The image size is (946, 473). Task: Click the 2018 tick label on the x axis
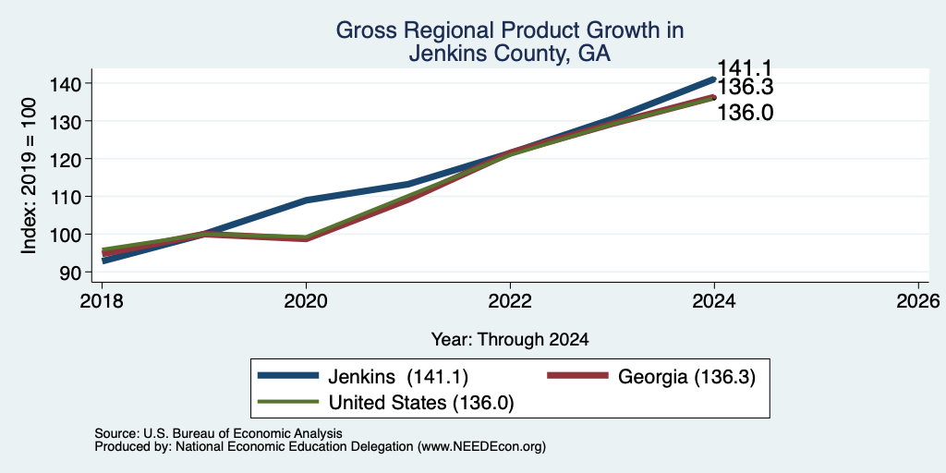pos(102,300)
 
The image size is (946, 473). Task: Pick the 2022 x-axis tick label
pos(510,300)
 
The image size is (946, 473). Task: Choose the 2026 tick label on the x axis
pos(918,300)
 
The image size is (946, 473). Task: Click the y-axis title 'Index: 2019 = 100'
pos(29,176)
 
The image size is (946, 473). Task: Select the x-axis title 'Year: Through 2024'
pos(510,340)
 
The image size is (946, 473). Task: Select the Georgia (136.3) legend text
pos(686,377)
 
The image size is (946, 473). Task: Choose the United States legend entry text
pos(420,403)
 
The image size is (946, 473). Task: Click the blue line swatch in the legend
pos(288,376)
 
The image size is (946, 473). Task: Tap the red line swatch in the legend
pos(577,376)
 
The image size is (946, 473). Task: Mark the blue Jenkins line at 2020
pos(306,200)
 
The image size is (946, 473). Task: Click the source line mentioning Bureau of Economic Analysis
pos(218,433)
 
